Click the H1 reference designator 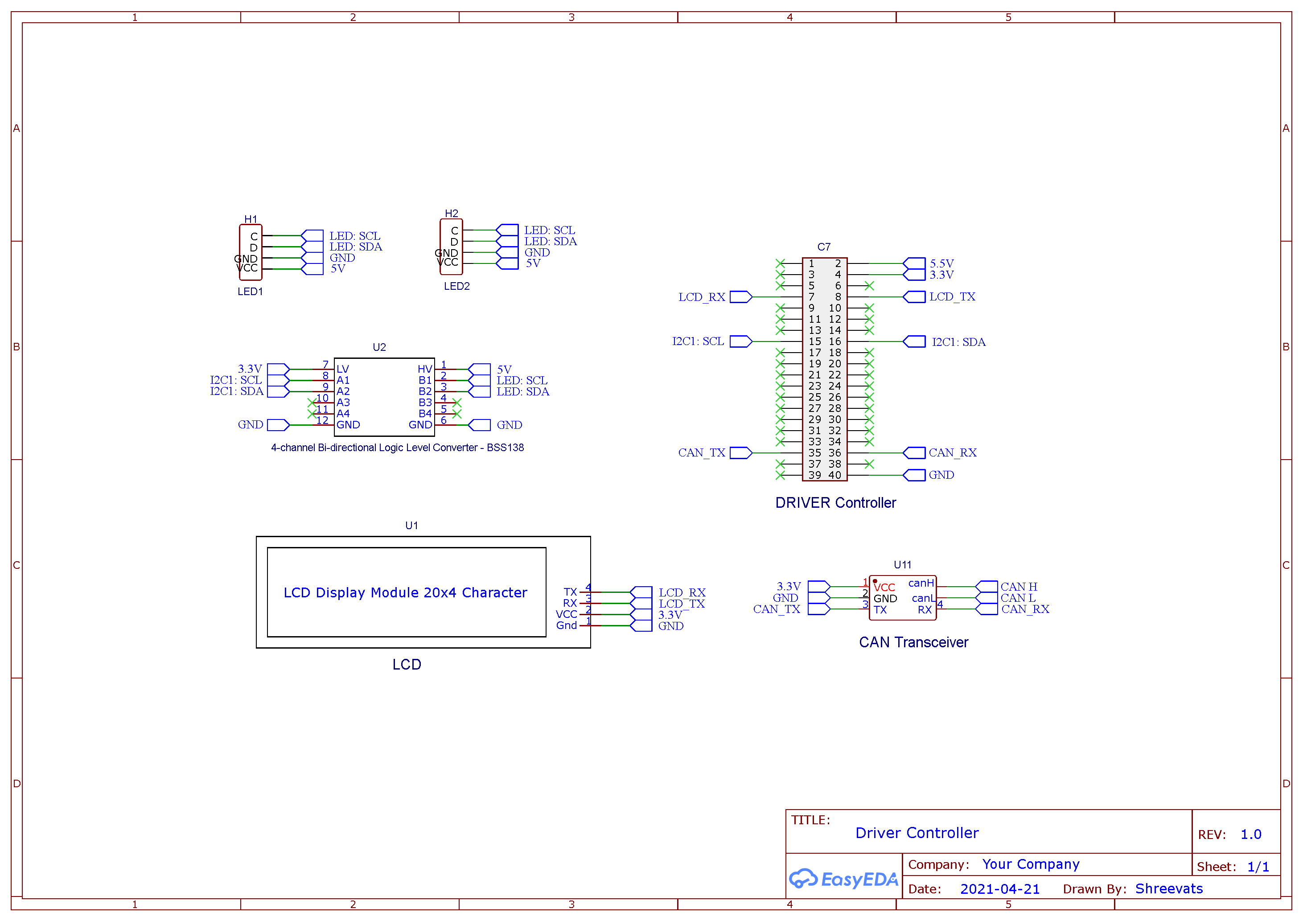[250, 219]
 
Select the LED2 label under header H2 [456, 286]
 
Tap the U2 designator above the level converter [379, 347]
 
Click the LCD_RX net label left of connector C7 [702, 297]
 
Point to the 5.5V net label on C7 [941, 263]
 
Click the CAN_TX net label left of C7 [702, 453]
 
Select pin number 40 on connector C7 [835, 475]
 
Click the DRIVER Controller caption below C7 [835, 503]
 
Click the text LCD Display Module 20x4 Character [405, 592]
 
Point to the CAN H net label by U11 [1019, 587]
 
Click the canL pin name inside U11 [923, 598]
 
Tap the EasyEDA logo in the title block [843, 879]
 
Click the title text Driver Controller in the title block [917, 833]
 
